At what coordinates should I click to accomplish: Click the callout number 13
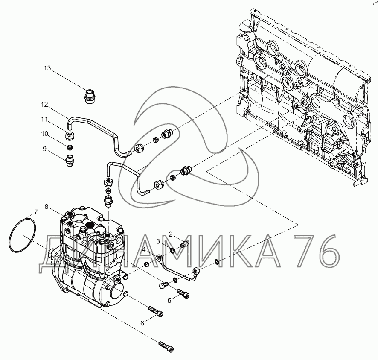(x=47, y=68)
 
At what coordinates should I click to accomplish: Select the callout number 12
(x=44, y=105)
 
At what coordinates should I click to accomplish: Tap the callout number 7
(x=36, y=212)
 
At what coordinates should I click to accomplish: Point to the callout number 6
(x=142, y=323)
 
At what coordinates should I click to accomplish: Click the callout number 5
(x=169, y=300)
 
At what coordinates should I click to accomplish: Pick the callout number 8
(x=46, y=207)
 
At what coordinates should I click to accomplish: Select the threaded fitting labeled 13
(x=89, y=97)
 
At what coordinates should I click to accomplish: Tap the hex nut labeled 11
(x=70, y=137)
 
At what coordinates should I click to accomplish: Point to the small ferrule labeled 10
(x=70, y=147)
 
